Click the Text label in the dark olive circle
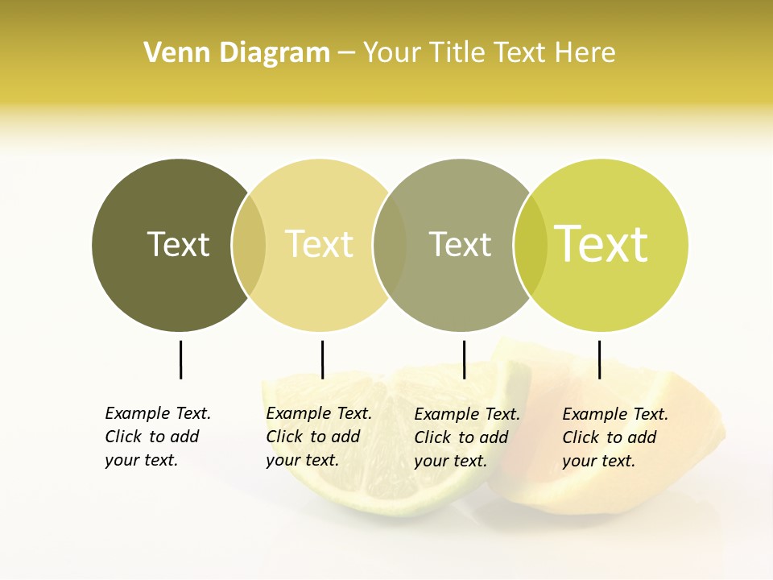click(x=178, y=244)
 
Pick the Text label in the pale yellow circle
click(x=319, y=244)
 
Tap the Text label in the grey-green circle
click(x=460, y=244)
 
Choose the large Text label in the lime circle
click(x=601, y=244)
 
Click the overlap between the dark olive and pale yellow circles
click(x=249, y=245)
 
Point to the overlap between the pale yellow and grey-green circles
click(x=390, y=245)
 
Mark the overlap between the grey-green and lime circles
click(x=531, y=245)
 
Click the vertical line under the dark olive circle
click(x=180, y=359)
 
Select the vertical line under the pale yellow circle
click(x=322, y=359)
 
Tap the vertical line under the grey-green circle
click(x=464, y=359)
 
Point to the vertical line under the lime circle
click(x=599, y=359)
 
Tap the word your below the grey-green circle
click(x=430, y=462)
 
